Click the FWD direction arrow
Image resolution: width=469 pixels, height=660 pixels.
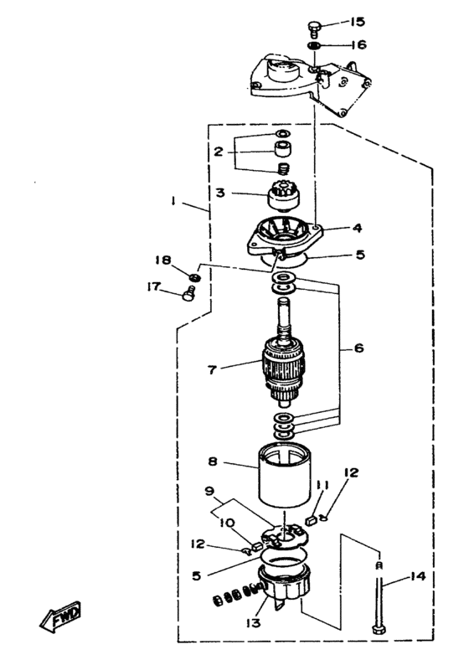pyautogui.click(x=60, y=616)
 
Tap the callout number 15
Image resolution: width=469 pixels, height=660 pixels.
pyautogui.click(x=358, y=22)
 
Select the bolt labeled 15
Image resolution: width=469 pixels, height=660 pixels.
pyautogui.click(x=314, y=29)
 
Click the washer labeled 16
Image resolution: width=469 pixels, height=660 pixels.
pyautogui.click(x=314, y=46)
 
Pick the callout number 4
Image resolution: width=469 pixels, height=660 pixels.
pyautogui.click(x=357, y=228)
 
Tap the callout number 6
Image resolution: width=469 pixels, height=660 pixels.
pyautogui.click(x=358, y=348)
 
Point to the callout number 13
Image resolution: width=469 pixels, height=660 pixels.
pyautogui.click(x=254, y=622)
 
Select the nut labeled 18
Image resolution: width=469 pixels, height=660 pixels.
pyautogui.click(x=194, y=277)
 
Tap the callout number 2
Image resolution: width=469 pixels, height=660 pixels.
pyautogui.click(x=218, y=152)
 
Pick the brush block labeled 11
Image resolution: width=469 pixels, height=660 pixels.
pyautogui.click(x=312, y=520)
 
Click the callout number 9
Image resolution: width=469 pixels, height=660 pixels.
pyautogui.click(x=210, y=491)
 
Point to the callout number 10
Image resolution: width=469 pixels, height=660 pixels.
pyautogui.click(x=226, y=523)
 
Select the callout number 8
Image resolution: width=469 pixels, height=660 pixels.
pyautogui.click(x=213, y=461)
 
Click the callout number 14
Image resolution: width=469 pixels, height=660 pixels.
pyautogui.click(x=418, y=576)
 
